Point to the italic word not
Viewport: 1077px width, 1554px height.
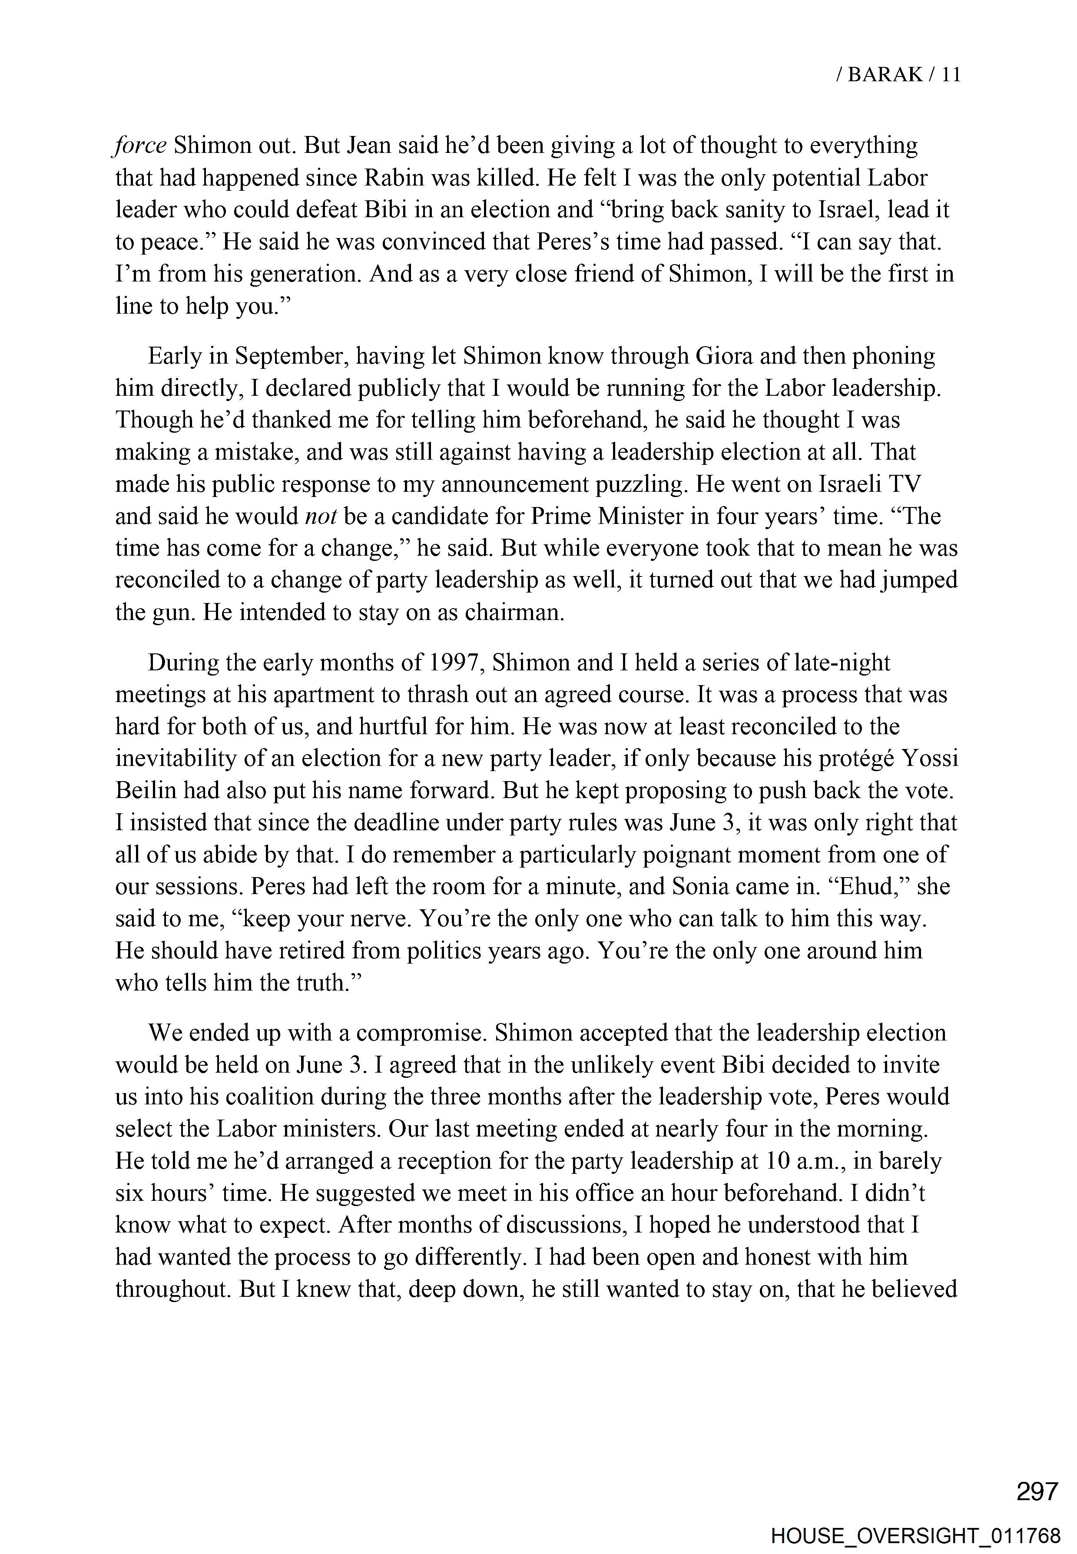[x=321, y=517]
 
